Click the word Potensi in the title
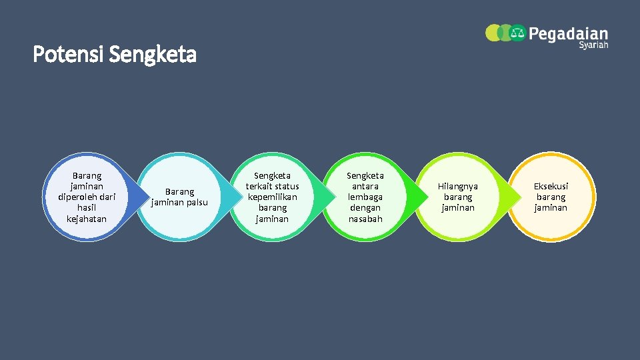click(68, 55)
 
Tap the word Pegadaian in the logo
click(568, 33)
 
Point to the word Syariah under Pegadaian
click(593, 45)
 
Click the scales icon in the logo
click(518, 33)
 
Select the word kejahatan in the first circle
click(87, 219)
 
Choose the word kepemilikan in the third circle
click(272, 197)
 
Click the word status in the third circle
click(286, 186)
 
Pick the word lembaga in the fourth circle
click(365, 197)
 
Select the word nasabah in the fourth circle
click(365, 219)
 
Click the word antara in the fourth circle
click(365, 186)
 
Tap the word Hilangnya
click(458, 186)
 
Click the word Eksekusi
click(551, 186)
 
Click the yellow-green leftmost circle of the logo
click(493, 33)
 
